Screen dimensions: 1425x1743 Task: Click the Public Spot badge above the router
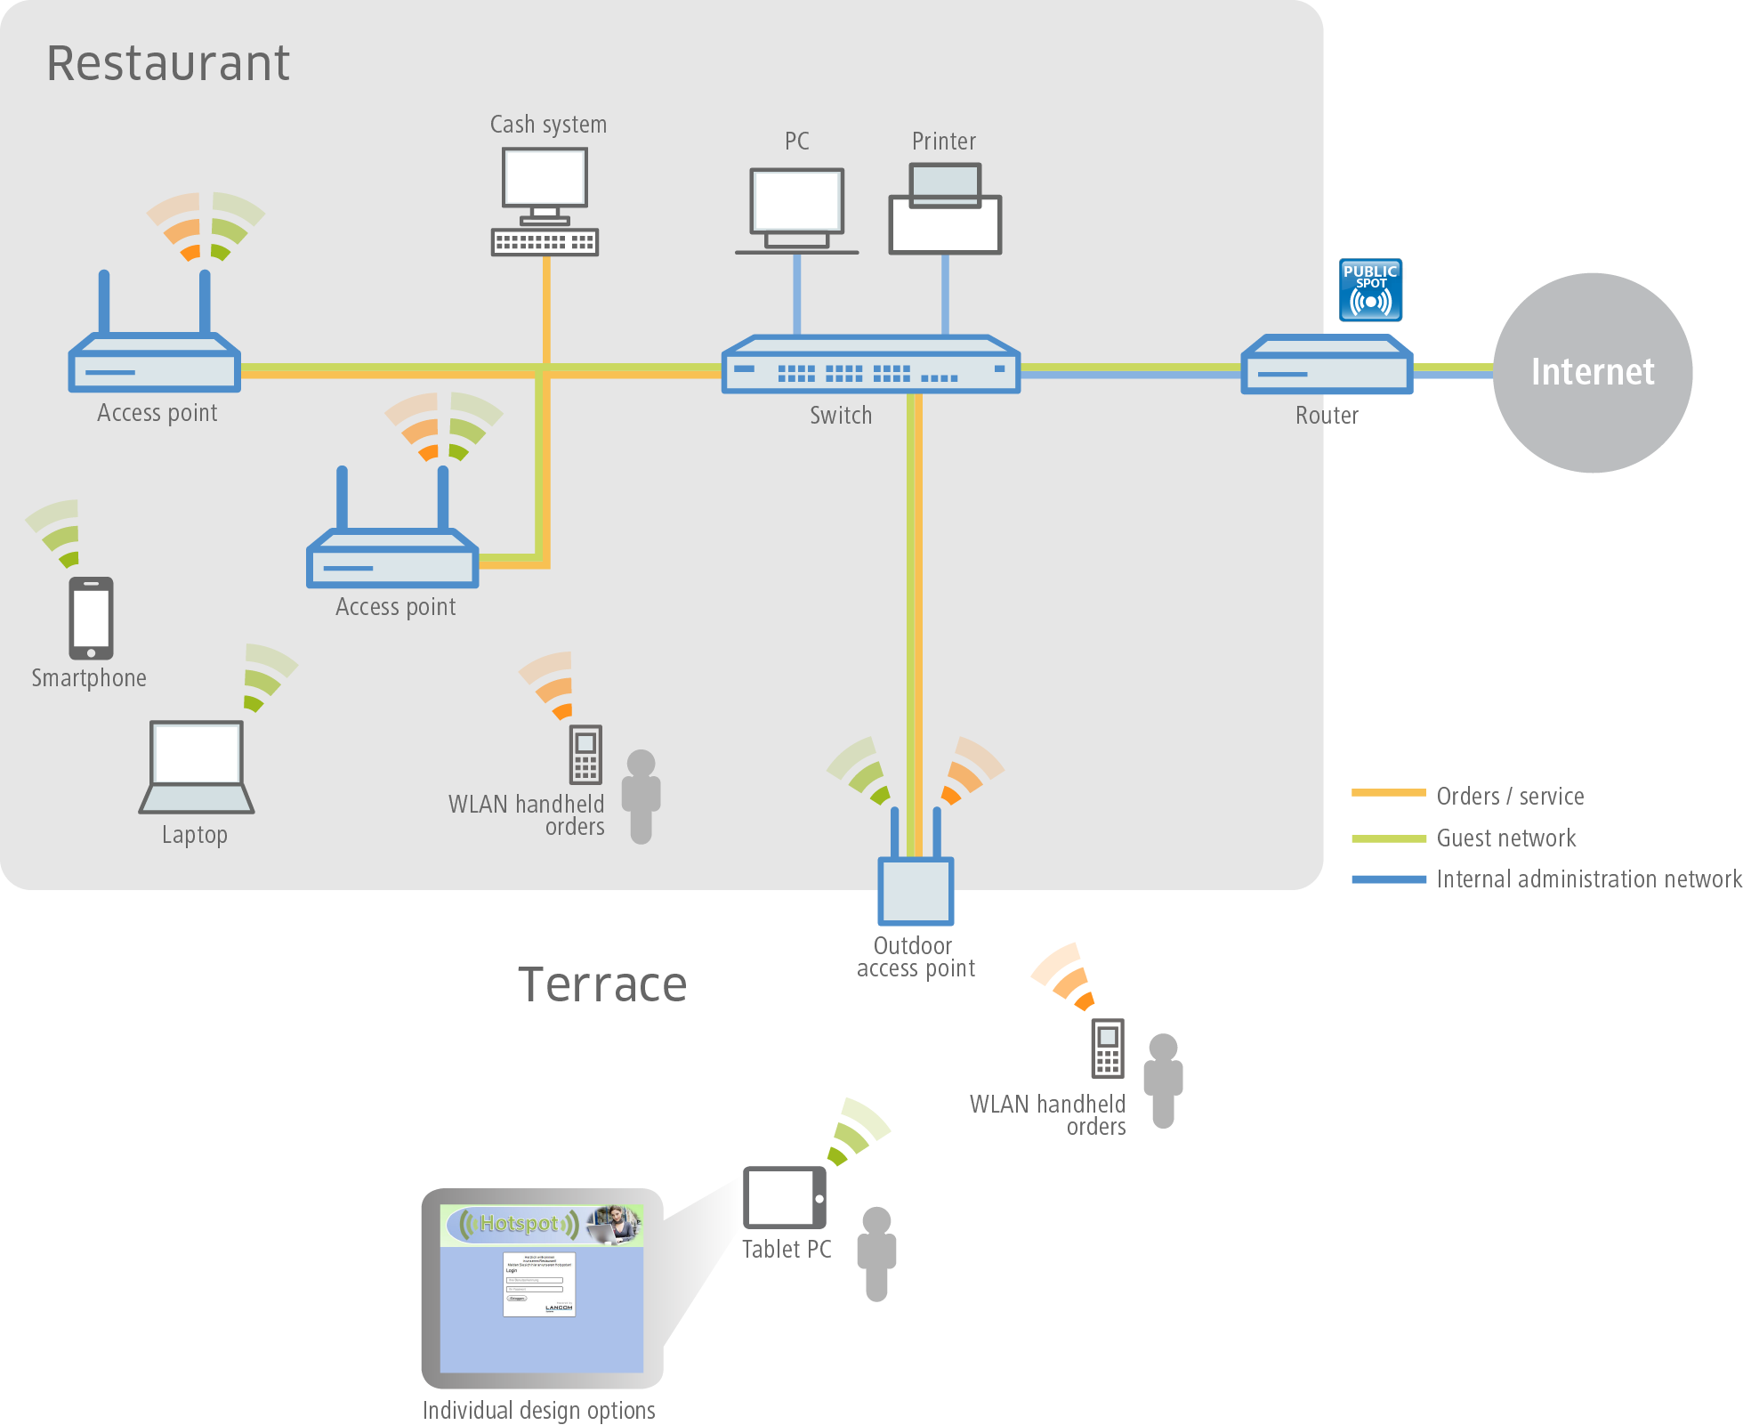click(x=1371, y=290)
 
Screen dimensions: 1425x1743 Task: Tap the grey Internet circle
click(x=1592, y=372)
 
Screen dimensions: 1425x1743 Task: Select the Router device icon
click(x=1327, y=365)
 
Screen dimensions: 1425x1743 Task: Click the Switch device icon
click(x=870, y=365)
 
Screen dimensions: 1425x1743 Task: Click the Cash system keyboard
click(x=545, y=242)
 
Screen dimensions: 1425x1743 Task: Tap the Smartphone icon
click(x=92, y=618)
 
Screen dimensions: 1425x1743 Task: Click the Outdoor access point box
click(x=916, y=890)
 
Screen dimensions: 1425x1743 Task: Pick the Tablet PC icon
click(x=785, y=1197)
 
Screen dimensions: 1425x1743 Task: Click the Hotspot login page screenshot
click(x=542, y=1287)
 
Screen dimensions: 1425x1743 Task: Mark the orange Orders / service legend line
click(x=1388, y=793)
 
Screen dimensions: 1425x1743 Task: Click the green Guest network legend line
click(x=1388, y=838)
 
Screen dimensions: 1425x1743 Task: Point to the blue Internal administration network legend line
click(x=1388, y=879)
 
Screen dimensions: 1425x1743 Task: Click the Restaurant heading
click(x=168, y=63)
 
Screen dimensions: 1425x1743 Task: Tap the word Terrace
click(x=602, y=984)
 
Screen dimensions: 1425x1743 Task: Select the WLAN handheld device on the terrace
click(x=1108, y=1048)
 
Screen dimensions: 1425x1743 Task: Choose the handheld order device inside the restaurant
click(x=585, y=754)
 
